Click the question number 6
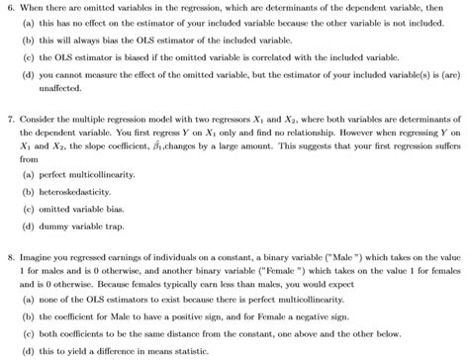[10, 8]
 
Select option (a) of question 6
[29, 24]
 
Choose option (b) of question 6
[29, 41]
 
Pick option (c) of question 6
[29, 58]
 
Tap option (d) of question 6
[29, 75]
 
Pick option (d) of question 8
[29, 352]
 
